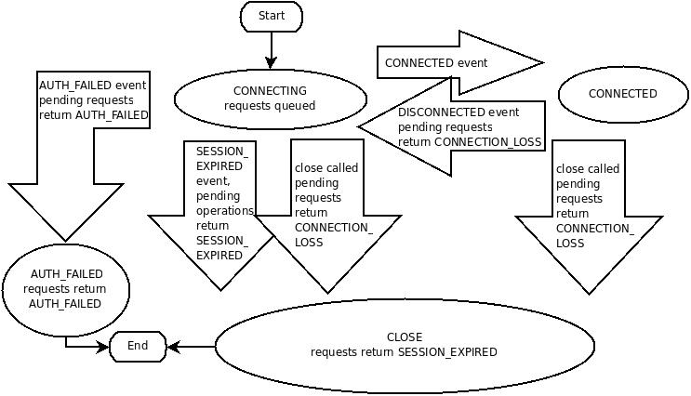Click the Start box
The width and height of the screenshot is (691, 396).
click(x=272, y=17)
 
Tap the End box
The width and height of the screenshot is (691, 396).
click(x=138, y=346)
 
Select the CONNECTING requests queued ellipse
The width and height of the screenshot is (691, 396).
click(x=270, y=99)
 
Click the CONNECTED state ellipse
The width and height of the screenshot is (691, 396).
click(x=623, y=94)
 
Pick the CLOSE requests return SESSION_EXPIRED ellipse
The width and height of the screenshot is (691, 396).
click(x=405, y=346)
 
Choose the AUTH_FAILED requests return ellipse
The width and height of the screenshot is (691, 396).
click(x=66, y=289)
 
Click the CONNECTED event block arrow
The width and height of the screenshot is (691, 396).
click(x=459, y=63)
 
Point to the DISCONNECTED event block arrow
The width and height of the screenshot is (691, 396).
click(x=451, y=126)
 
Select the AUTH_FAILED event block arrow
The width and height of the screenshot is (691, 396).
click(x=66, y=156)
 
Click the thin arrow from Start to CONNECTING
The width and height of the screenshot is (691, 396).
click(x=271, y=50)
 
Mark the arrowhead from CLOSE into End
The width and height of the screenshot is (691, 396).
click(x=173, y=347)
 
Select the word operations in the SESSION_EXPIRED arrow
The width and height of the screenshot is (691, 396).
click(x=225, y=211)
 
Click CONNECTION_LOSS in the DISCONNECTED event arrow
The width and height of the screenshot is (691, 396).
click(x=488, y=142)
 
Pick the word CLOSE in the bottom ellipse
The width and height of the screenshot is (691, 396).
click(x=405, y=337)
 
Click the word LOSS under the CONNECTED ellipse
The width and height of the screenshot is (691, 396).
click(x=570, y=244)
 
